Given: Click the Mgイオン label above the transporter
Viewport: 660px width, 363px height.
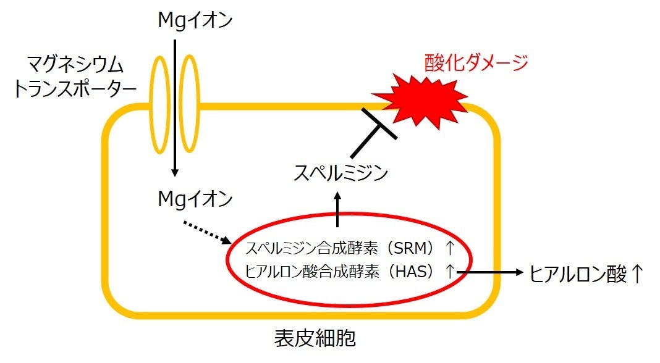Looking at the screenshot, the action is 195,21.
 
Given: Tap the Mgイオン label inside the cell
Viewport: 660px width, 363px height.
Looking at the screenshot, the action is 195,199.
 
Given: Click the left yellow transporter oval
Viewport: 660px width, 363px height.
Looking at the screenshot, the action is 162,104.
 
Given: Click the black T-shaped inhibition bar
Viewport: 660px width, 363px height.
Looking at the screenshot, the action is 374,133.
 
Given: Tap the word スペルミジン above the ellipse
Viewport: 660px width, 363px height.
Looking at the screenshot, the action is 341,172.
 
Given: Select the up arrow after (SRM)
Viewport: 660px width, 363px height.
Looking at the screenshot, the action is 450,249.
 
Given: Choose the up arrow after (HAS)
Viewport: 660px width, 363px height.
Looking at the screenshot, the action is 450,272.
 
